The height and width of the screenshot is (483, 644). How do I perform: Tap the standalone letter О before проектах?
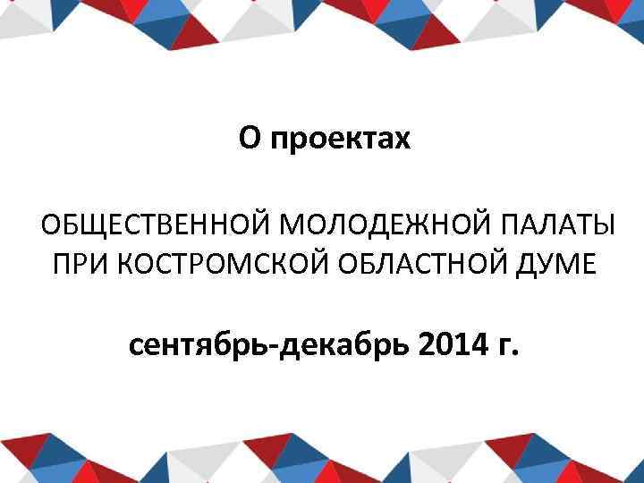(x=250, y=138)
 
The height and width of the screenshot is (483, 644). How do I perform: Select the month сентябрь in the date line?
(x=200, y=343)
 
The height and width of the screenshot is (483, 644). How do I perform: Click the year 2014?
(x=449, y=343)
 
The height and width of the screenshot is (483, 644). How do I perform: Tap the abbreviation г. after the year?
(x=505, y=345)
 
